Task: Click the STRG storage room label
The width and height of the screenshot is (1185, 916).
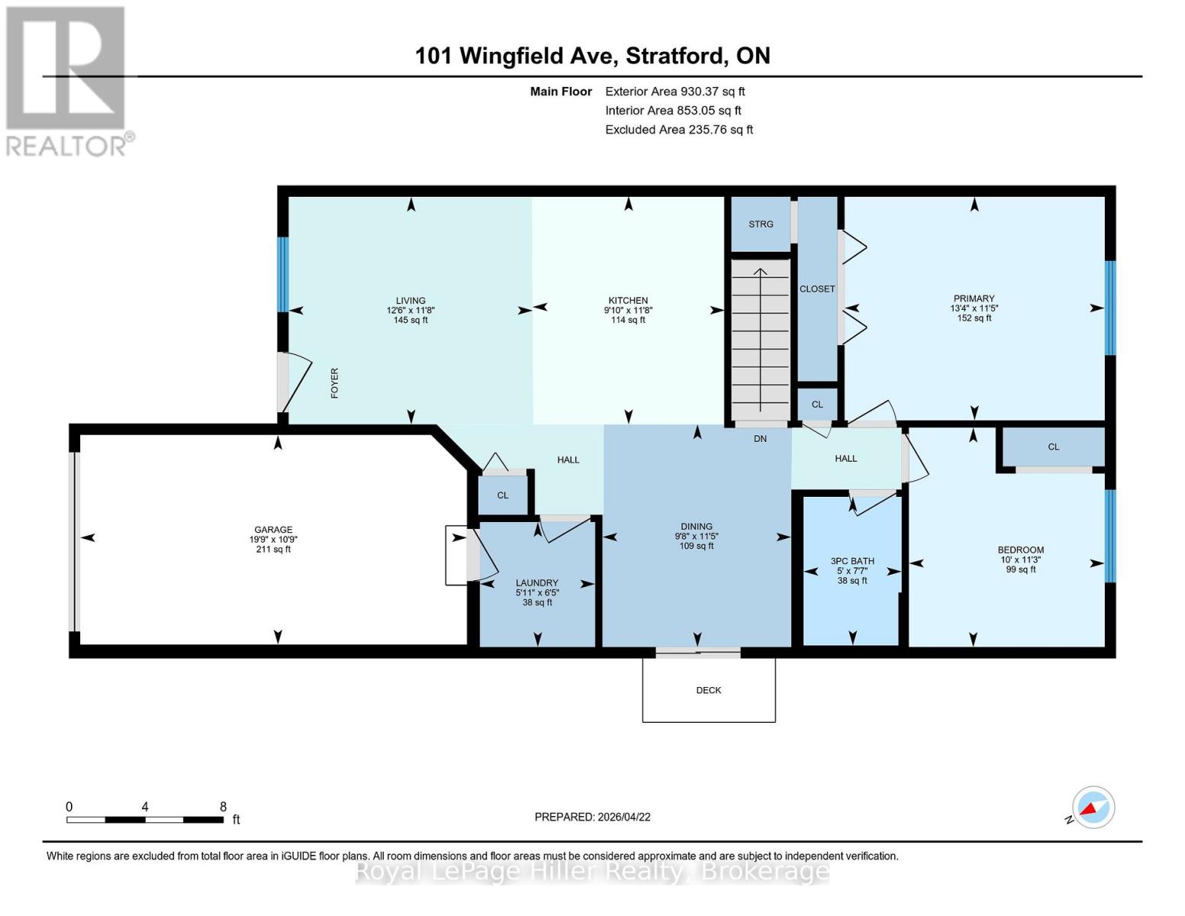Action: [x=760, y=224]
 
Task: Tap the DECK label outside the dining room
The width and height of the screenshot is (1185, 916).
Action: [x=708, y=690]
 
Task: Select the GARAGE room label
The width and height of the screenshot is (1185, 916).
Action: [x=273, y=530]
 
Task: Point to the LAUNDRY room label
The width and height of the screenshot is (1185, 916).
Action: [x=536, y=582]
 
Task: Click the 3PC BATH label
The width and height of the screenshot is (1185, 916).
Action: [x=852, y=561]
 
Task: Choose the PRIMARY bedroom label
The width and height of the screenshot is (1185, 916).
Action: [x=974, y=298]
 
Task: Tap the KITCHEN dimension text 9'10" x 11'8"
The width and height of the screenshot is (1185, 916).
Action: [x=628, y=311]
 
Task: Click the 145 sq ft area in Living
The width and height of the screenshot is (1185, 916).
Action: [x=411, y=321]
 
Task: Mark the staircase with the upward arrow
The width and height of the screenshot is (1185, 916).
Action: [x=760, y=340]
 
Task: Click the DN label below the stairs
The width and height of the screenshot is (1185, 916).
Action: [x=760, y=439]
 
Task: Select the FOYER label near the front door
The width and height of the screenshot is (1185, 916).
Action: [x=334, y=383]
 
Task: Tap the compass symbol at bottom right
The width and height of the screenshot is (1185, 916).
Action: [x=1093, y=807]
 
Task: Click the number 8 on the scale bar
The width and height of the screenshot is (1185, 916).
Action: [x=223, y=807]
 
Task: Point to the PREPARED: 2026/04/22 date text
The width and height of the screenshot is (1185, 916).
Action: [x=592, y=817]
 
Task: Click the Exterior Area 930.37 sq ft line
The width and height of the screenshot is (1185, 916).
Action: [x=675, y=92]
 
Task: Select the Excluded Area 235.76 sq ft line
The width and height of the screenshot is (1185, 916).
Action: [x=678, y=130]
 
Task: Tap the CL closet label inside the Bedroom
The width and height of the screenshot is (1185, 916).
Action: [x=1053, y=447]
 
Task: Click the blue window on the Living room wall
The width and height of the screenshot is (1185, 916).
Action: [x=282, y=274]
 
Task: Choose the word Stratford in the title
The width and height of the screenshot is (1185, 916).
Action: [x=675, y=56]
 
